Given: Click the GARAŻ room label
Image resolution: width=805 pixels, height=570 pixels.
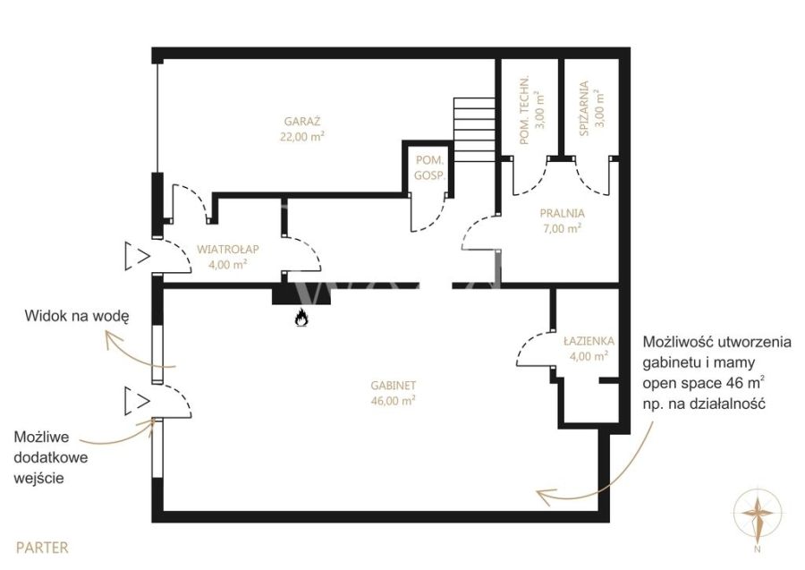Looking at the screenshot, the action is [x=302, y=122].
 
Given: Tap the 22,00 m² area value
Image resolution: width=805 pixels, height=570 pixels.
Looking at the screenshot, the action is [x=302, y=137].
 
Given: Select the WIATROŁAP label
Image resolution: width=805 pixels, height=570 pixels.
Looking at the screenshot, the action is [x=228, y=249].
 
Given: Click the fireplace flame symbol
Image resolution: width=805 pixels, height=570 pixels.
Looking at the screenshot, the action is [x=301, y=319].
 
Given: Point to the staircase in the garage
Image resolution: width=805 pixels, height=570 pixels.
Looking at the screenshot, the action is [x=474, y=130].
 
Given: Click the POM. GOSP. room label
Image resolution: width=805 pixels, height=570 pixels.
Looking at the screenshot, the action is [x=429, y=167].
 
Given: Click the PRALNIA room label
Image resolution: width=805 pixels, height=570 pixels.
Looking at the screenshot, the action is [x=563, y=213].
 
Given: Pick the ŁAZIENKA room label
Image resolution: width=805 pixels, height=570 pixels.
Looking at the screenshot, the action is [x=589, y=340].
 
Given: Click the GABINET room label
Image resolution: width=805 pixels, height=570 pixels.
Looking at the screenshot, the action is [x=394, y=385].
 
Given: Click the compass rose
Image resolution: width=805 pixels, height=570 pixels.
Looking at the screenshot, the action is [x=758, y=515].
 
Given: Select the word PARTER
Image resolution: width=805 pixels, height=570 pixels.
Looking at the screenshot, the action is [x=42, y=548].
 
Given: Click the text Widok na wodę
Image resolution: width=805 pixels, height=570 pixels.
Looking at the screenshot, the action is [x=77, y=316].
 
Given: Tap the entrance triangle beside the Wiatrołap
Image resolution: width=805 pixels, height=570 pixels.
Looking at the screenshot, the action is [x=137, y=256].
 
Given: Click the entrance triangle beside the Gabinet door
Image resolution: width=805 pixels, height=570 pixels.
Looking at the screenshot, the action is [x=137, y=401].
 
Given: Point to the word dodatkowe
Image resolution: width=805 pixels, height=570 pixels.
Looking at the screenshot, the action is [x=51, y=457].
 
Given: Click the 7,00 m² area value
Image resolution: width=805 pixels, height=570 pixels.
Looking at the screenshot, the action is [x=563, y=228].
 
